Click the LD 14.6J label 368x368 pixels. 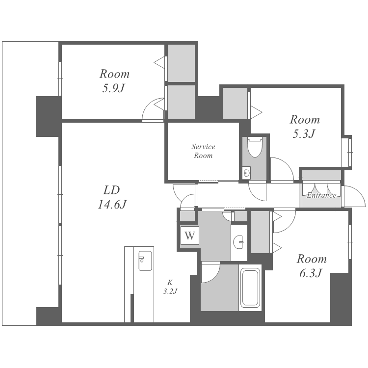(x=112, y=197)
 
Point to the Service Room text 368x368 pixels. (x=203, y=151)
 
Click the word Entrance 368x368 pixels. (x=321, y=195)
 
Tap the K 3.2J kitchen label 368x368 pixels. (x=170, y=287)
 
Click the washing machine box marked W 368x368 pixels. (x=189, y=235)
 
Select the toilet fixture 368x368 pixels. (x=255, y=147)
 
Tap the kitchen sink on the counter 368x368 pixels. (x=145, y=261)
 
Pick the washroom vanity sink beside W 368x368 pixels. (x=239, y=242)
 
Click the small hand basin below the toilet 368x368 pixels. (x=246, y=173)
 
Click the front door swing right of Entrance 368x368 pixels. (x=354, y=196)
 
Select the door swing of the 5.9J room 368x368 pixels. (x=153, y=109)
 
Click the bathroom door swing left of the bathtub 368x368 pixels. (x=210, y=272)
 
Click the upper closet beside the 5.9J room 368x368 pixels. (x=181, y=63)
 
